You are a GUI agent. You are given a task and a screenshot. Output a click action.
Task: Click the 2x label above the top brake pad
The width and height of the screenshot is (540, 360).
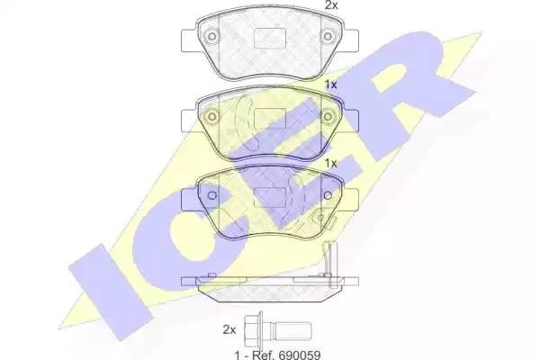tap(330, 5)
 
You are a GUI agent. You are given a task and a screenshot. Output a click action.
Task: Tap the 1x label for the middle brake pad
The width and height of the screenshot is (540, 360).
tap(330, 85)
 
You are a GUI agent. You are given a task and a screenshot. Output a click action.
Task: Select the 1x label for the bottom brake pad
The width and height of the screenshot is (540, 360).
tap(330, 164)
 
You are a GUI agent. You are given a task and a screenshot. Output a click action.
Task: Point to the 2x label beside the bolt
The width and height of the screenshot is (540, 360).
tap(229, 328)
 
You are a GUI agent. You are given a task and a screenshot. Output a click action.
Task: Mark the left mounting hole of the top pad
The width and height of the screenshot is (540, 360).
tap(211, 38)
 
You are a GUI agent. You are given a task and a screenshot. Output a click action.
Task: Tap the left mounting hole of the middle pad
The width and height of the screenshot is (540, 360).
tap(211, 118)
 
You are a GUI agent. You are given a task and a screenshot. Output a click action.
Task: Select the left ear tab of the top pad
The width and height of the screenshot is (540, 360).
tap(188, 40)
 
